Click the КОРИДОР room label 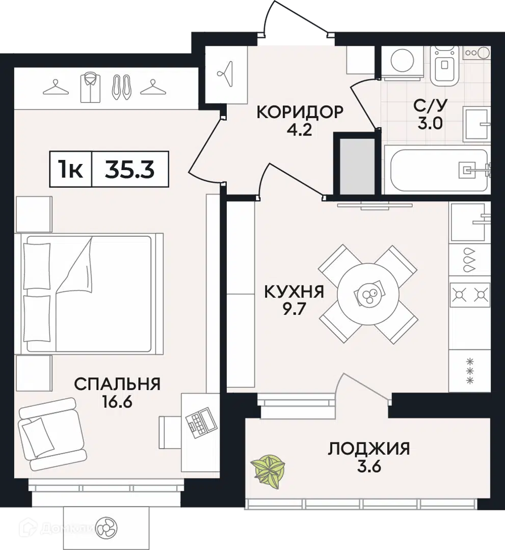[300, 112]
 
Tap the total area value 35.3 [130, 170]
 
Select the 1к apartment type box [71, 169]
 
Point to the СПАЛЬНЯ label [117, 384]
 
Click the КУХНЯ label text [294, 292]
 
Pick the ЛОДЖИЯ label [369, 449]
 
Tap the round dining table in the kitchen [368, 294]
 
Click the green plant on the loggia [268, 471]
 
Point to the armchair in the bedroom [52, 434]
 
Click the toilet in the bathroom [445, 66]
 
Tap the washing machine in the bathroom [402, 62]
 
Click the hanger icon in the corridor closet [226, 73]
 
